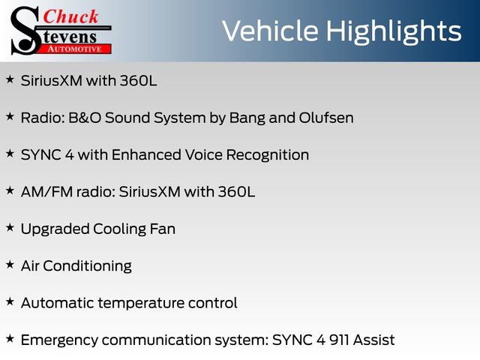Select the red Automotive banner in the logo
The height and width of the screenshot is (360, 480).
(x=74, y=48)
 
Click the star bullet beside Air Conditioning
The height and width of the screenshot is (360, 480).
(x=10, y=264)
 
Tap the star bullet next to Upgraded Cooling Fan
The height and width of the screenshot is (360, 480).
(x=10, y=227)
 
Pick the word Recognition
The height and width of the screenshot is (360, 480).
(x=267, y=154)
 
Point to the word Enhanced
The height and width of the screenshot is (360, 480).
(x=146, y=154)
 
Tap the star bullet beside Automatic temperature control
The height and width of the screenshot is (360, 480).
(x=10, y=301)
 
